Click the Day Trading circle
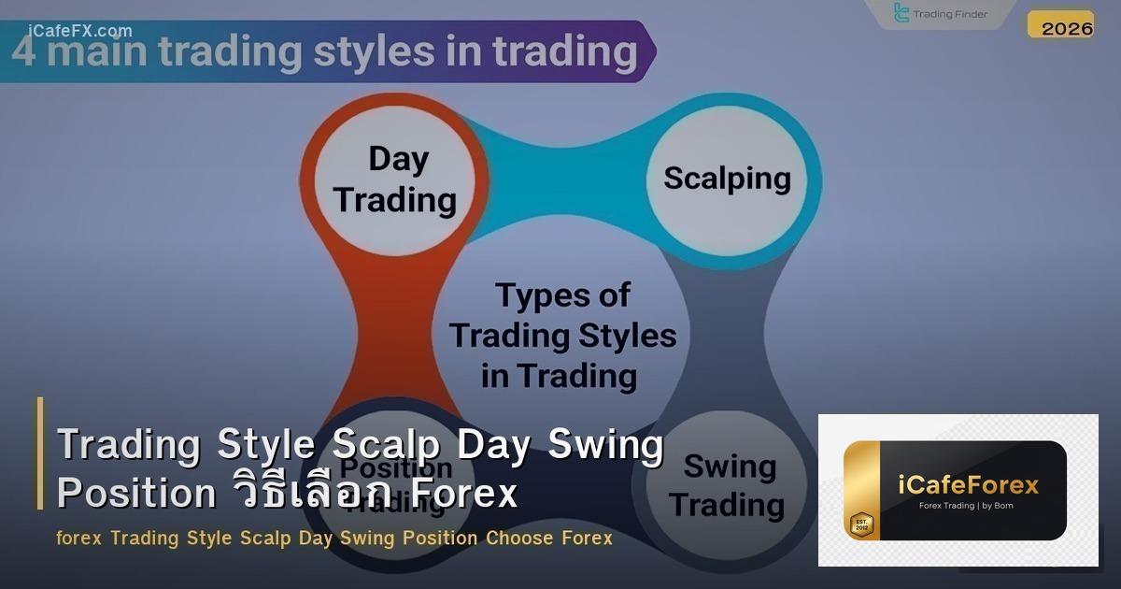[x=397, y=180]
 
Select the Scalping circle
[x=727, y=179]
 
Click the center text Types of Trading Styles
[x=562, y=335]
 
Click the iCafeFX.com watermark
[x=80, y=31]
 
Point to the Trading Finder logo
[x=940, y=14]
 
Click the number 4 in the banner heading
[x=24, y=51]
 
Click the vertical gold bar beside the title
[x=40, y=453]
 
